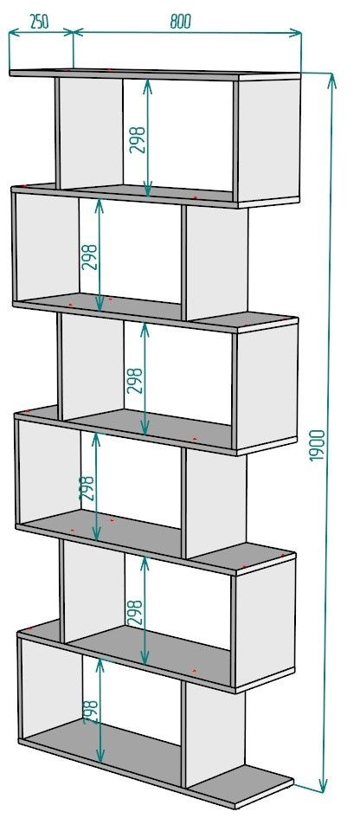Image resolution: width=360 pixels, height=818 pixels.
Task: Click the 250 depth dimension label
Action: coord(39,22)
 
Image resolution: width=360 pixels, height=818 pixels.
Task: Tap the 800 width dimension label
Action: coord(181,21)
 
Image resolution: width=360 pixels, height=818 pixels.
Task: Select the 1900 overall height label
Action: coord(317,446)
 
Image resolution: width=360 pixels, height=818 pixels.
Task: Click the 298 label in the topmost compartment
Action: coord(137,139)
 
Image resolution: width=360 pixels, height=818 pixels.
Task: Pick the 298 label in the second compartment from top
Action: coord(90,257)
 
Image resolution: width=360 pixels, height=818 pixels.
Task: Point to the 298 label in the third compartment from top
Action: coord(134,380)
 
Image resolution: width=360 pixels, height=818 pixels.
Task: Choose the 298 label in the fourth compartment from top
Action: coord(87,488)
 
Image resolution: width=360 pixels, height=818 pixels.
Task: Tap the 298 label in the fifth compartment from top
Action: coord(135,613)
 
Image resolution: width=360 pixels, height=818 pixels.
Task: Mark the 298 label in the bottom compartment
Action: coord(90,712)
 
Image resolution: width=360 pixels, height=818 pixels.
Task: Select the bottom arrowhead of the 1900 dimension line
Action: coord(323,786)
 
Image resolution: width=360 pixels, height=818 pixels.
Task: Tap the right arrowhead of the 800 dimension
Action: coord(296,34)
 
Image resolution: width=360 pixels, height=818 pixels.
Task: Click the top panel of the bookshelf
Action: coord(154,74)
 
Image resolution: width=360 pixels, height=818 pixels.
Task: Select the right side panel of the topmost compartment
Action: coord(269,140)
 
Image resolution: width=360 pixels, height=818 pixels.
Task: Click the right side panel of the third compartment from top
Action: coord(266,385)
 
